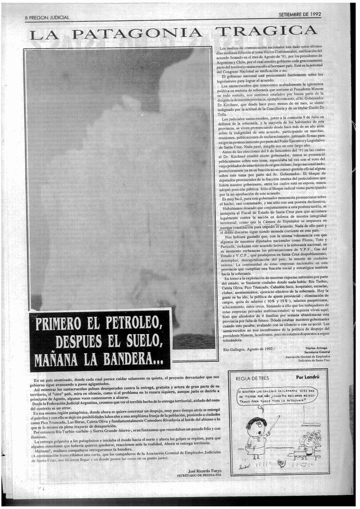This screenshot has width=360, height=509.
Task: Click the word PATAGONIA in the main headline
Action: (x=137, y=34)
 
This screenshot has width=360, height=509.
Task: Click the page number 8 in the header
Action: (x=27, y=18)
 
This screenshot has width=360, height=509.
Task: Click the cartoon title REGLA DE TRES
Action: (x=253, y=378)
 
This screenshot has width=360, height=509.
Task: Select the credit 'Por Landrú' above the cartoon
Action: (x=307, y=377)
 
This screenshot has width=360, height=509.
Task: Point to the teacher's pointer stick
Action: (x=273, y=424)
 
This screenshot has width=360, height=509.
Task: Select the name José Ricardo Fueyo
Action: (x=203, y=470)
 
